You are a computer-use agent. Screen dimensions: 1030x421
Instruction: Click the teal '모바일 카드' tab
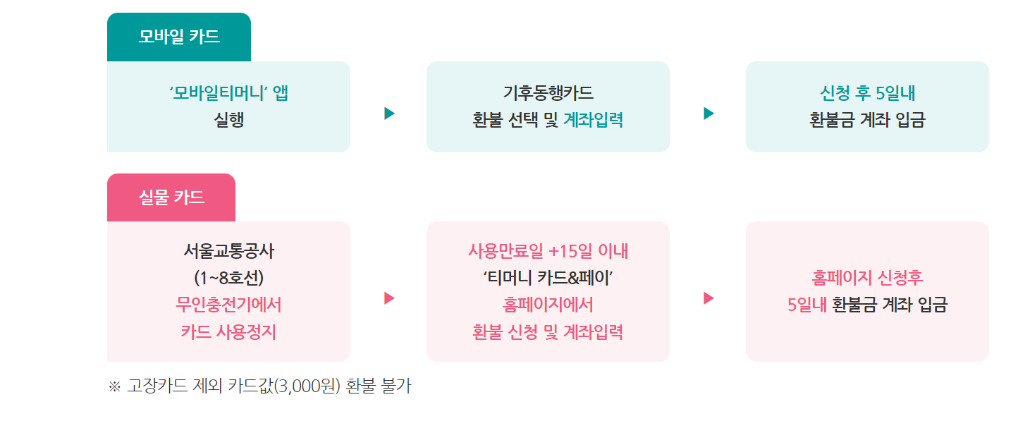(x=178, y=37)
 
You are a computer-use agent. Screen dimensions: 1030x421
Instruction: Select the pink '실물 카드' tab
(x=171, y=197)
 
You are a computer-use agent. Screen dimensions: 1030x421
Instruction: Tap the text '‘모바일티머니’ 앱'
(x=228, y=93)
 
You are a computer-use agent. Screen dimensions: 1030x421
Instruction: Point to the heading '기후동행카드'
(x=548, y=93)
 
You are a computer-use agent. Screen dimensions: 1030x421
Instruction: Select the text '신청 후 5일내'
(x=867, y=93)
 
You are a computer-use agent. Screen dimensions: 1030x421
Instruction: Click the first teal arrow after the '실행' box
(x=389, y=114)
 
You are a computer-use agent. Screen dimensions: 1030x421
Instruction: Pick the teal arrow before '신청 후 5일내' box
(x=709, y=114)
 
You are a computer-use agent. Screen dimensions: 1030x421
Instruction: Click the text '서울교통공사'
(x=228, y=251)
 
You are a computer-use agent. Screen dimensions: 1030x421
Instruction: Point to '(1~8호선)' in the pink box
(x=228, y=278)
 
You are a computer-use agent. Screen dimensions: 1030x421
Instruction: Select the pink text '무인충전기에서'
(x=228, y=305)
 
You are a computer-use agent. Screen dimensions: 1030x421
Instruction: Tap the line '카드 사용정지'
(x=228, y=331)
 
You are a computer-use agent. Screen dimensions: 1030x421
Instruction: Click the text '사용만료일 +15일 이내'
(x=548, y=251)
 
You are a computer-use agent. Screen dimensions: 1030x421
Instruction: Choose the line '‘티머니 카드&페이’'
(x=548, y=278)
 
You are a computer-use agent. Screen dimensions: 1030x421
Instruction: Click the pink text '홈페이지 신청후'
(x=867, y=278)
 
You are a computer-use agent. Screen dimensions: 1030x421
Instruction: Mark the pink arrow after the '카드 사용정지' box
(x=389, y=298)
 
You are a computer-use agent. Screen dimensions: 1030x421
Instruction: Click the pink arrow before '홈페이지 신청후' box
(x=709, y=298)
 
